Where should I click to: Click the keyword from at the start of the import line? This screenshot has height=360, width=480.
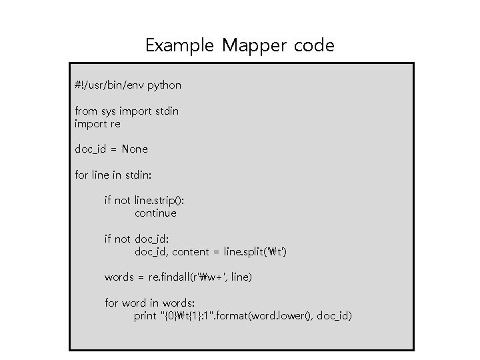[85, 111]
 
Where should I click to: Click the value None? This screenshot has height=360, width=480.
[135, 149]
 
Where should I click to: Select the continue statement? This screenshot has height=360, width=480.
[155, 213]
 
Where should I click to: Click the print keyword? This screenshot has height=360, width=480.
[145, 315]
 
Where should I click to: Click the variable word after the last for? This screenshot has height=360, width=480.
[133, 303]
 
